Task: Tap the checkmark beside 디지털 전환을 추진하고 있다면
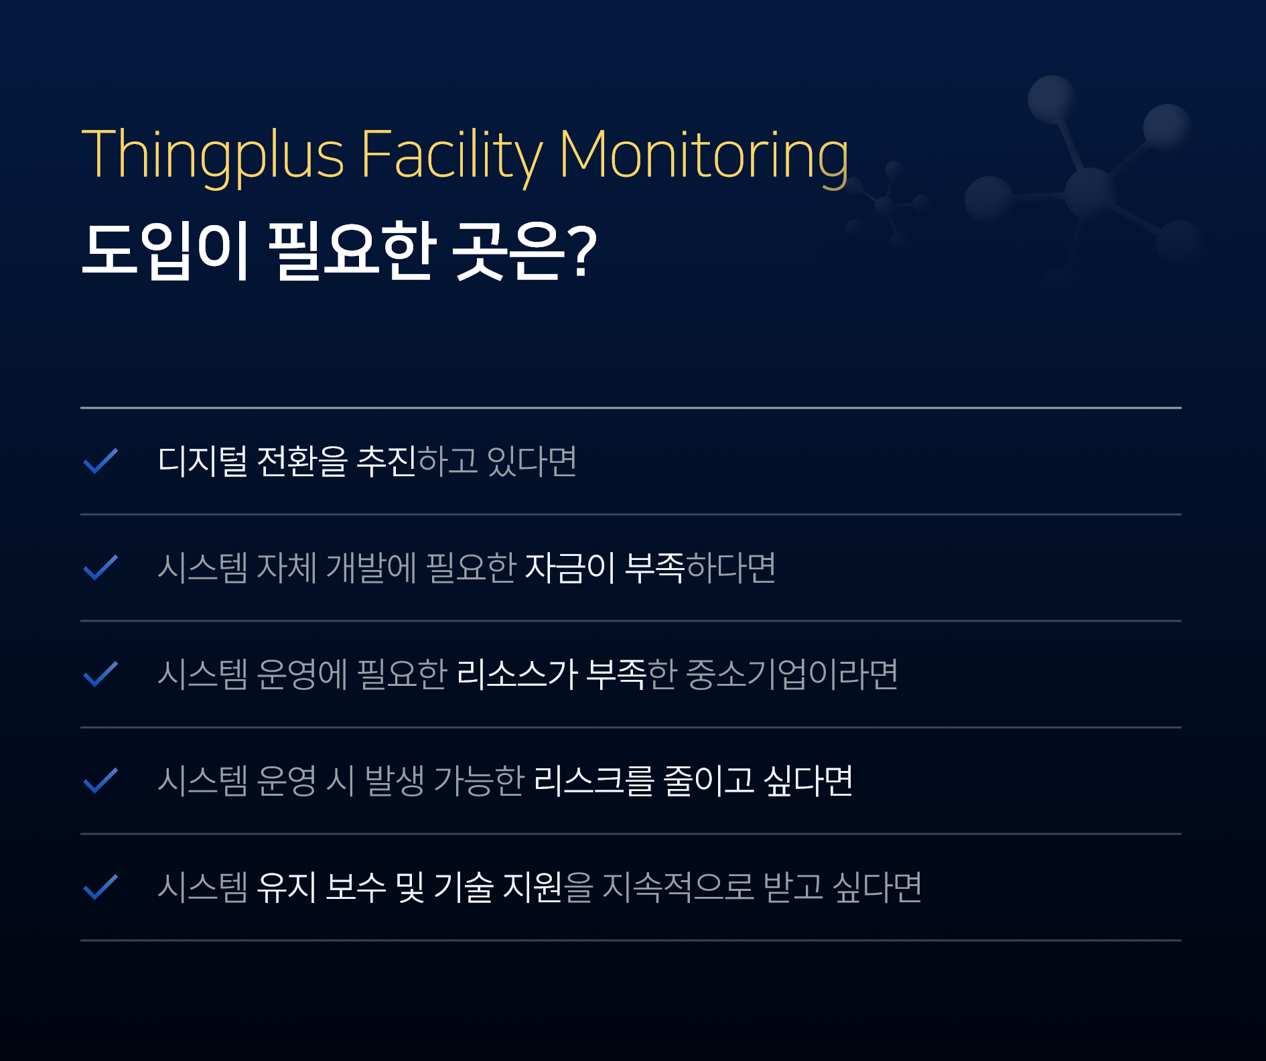[100, 461]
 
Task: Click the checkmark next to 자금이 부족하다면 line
[100, 567]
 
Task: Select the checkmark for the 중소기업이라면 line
[100, 674]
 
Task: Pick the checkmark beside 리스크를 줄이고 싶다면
[100, 780]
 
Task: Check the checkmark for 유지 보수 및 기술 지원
[100, 887]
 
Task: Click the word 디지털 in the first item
[202, 461]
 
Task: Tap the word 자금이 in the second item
[570, 567]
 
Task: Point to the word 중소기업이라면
[792, 674]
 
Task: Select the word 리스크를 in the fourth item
[593, 780]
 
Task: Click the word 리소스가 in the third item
[517, 674]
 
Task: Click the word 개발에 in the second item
[372, 567]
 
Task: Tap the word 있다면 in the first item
[532, 461]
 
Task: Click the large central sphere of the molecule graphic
[1090, 193]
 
